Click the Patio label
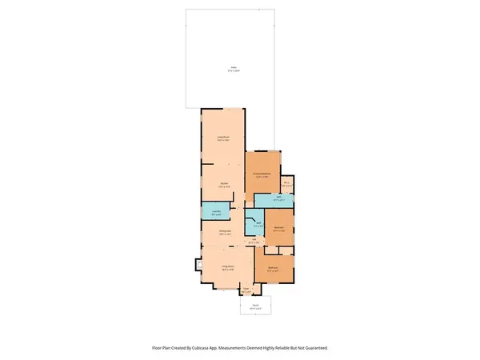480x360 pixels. [x=234, y=69]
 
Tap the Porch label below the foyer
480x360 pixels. [x=256, y=305]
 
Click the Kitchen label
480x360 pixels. [x=225, y=183]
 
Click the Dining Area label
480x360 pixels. [x=225, y=231]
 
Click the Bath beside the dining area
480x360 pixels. [x=257, y=225]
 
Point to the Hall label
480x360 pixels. [x=254, y=240]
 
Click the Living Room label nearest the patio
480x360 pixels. [x=225, y=138]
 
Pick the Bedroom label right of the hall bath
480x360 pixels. [x=279, y=227]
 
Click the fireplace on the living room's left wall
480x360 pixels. [x=198, y=266]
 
